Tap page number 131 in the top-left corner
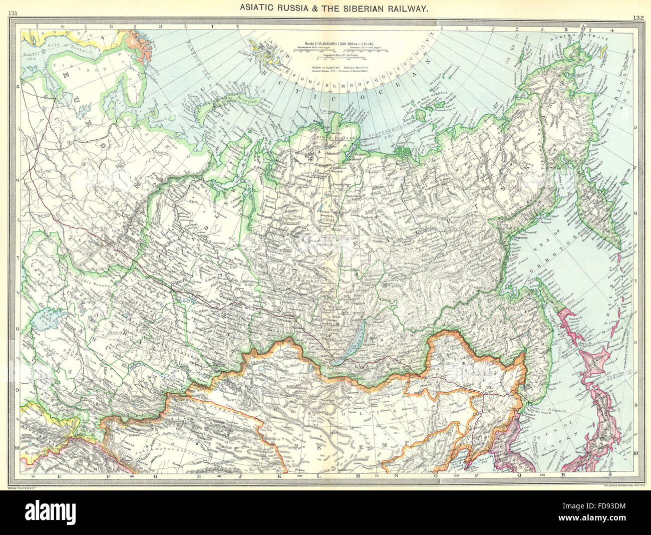pyautogui.click(x=15, y=13)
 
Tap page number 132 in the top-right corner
pyautogui.click(x=637, y=17)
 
